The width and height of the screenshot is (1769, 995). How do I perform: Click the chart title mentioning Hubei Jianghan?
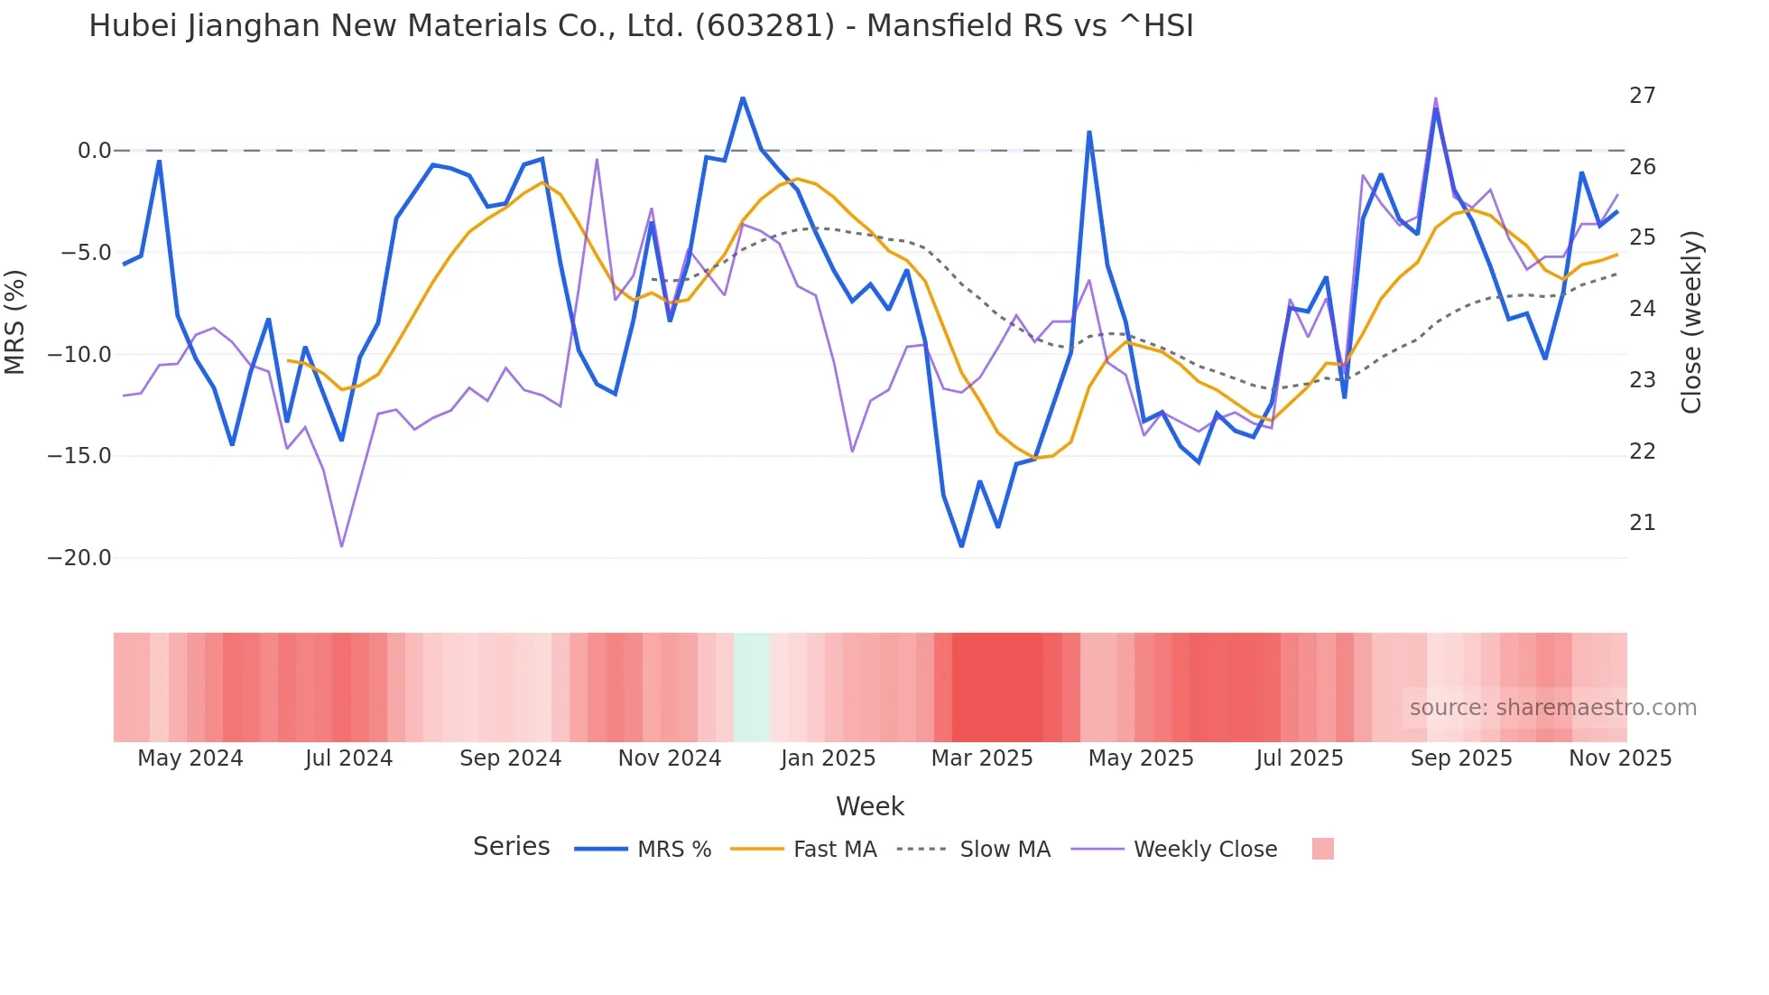[x=641, y=26]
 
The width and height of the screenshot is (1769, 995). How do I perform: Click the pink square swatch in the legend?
[x=1322, y=849]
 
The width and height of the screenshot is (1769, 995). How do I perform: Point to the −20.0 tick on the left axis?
[x=79, y=558]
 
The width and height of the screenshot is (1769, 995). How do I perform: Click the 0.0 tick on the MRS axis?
[x=94, y=151]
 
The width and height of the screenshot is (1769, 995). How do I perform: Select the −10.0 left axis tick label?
[x=79, y=355]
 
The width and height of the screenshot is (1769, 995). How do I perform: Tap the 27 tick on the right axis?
[x=1642, y=96]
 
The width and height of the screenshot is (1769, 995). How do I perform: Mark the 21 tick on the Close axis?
[x=1642, y=523]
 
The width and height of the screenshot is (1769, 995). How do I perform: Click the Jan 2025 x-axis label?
[x=828, y=758]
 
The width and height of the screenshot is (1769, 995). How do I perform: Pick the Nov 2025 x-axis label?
[x=1619, y=758]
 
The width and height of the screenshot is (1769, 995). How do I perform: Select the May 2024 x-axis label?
[x=190, y=758]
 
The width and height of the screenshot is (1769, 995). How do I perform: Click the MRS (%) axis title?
[x=15, y=321]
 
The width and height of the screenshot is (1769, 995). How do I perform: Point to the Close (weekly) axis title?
[x=1691, y=322]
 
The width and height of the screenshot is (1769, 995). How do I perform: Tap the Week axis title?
[x=869, y=806]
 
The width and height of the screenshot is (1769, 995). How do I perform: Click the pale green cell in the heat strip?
[x=752, y=687]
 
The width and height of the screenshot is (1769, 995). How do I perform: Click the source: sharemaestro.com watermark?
[x=1552, y=708]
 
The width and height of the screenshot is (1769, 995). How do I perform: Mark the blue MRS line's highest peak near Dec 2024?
[x=743, y=98]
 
